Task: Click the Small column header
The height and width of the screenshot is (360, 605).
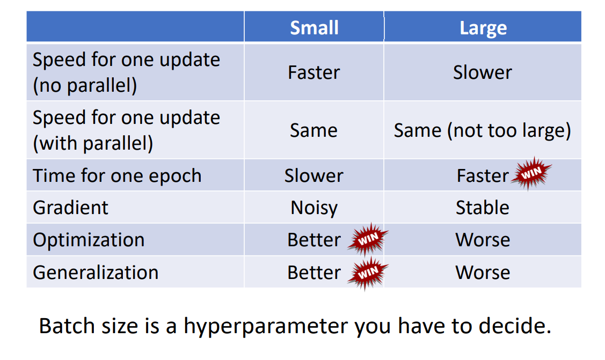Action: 314,28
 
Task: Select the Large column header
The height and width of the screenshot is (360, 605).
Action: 483,28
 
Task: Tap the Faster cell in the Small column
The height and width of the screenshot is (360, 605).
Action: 314,72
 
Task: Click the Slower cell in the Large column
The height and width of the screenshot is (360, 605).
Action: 482,72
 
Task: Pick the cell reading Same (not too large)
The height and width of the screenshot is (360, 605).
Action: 482,130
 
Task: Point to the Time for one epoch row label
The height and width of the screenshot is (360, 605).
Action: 117,176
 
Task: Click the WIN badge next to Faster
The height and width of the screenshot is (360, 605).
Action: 531,173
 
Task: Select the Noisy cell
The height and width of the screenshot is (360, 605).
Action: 314,208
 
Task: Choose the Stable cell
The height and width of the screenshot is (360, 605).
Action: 482,208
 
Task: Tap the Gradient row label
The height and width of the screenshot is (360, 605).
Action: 71,208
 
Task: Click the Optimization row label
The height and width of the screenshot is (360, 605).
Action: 89,240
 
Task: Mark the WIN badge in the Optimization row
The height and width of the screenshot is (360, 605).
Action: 368,239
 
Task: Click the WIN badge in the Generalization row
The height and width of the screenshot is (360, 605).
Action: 368,273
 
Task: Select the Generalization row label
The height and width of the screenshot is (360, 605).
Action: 96,273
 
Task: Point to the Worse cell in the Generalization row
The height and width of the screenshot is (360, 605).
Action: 483,273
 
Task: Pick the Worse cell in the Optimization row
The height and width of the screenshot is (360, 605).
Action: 483,240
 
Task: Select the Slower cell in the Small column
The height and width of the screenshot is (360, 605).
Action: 314,176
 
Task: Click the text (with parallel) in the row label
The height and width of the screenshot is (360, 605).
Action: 93,143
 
